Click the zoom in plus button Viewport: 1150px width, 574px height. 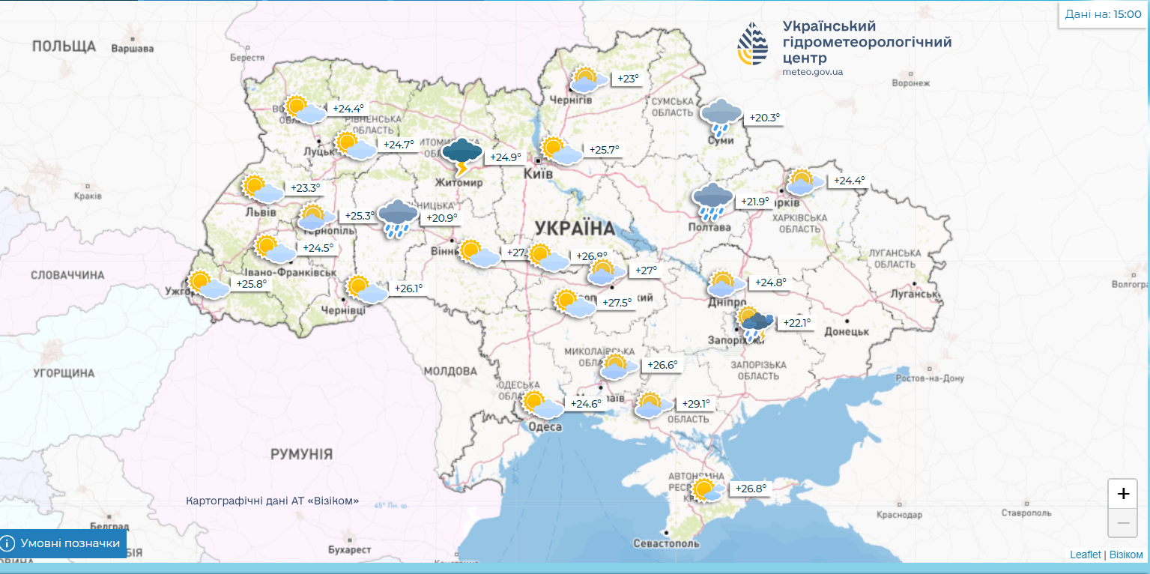(1122, 494)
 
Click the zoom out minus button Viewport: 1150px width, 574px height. (1122, 523)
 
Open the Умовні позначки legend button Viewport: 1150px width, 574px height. (63, 543)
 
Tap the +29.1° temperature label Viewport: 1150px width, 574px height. (694, 404)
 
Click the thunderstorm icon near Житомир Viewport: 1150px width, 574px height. (461, 155)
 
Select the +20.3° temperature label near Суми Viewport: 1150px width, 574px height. (764, 118)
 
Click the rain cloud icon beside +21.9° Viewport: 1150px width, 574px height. (712, 201)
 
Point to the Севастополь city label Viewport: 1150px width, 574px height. (666, 543)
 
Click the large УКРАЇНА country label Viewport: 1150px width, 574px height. (575, 227)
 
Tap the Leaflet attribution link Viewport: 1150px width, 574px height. (1085, 555)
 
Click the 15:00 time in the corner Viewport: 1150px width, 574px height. (1127, 13)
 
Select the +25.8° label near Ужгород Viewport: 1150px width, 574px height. (251, 284)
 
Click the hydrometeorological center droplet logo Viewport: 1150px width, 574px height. (751, 43)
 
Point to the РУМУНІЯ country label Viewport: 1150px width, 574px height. (301, 454)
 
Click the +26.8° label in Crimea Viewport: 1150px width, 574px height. (751, 489)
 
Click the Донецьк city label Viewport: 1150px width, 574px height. (847, 331)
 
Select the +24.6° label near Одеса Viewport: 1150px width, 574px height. (586, 404)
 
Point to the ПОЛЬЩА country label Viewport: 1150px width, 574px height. (64, 46)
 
